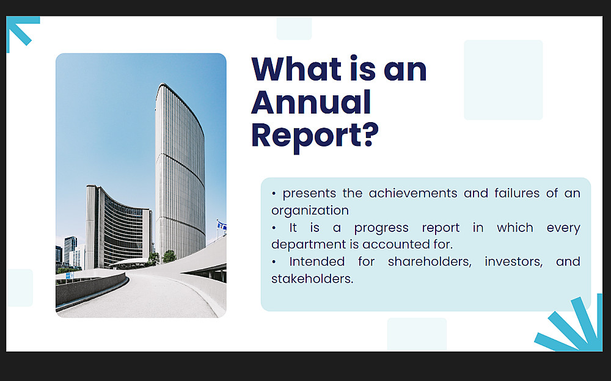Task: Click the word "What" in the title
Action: [x=296, y=69]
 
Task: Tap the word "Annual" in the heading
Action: [x=311, y=102]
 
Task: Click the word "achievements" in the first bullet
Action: [x=413, y=193]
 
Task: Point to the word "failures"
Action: [x=517, y=193]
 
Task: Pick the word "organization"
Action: [x=310, y=211]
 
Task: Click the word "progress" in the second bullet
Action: [x=381, y=228]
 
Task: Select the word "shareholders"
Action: [x=430, y=261]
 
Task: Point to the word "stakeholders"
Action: [x=312, y=278]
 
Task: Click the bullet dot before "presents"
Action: [x=274, y=193]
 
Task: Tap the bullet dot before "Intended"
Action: [x=274, y=262]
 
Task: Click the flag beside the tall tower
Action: [x=222, y=225]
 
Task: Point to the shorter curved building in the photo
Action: [x=119, y=227]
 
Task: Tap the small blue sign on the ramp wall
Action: [x=70, y=275]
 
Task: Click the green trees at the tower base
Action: [x=169, y=256]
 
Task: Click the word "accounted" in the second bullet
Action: [x=395, y=245]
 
